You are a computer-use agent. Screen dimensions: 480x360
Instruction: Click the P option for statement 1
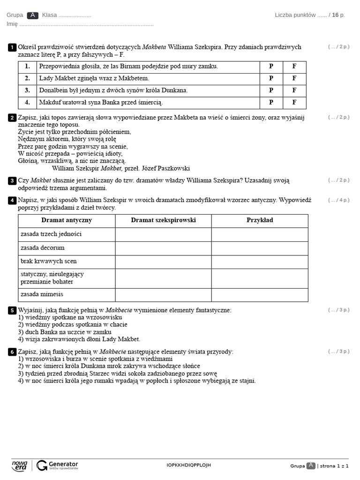(x=271, y=67)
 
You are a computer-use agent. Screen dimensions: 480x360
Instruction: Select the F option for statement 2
(x=294, y=78)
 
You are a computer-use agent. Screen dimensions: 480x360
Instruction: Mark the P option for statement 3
(x=271, y=90)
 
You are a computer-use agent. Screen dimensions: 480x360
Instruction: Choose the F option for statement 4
(x=294, y=102)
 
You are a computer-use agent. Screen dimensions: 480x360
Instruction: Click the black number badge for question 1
(x=12, y=47)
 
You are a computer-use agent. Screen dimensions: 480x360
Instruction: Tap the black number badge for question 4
(x=12, y=201)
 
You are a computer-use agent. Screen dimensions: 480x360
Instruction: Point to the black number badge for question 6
(x=12, y=352)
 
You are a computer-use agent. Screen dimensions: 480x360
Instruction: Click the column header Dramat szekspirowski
(x=163, y=220)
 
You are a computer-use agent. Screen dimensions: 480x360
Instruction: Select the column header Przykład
(x=260, y=220)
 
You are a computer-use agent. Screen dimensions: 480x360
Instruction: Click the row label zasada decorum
(x=43, y=247)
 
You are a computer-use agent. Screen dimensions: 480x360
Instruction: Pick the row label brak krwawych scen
(x=48, y=261)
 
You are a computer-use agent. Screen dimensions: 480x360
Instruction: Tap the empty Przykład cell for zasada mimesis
(x=260, y=295)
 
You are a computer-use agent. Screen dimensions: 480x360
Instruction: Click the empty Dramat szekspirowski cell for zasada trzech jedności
(x=163, y=234)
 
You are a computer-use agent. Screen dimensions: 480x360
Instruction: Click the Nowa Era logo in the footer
(x=19, y=465)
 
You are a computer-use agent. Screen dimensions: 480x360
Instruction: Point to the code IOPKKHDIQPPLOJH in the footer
(x=188, y=465)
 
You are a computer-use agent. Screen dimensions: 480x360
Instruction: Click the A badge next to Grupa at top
(x=33, y=15)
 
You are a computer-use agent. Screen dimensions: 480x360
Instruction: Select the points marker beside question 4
(x=338, y=200)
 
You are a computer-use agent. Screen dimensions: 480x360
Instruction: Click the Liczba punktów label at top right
(x=295, y=15)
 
